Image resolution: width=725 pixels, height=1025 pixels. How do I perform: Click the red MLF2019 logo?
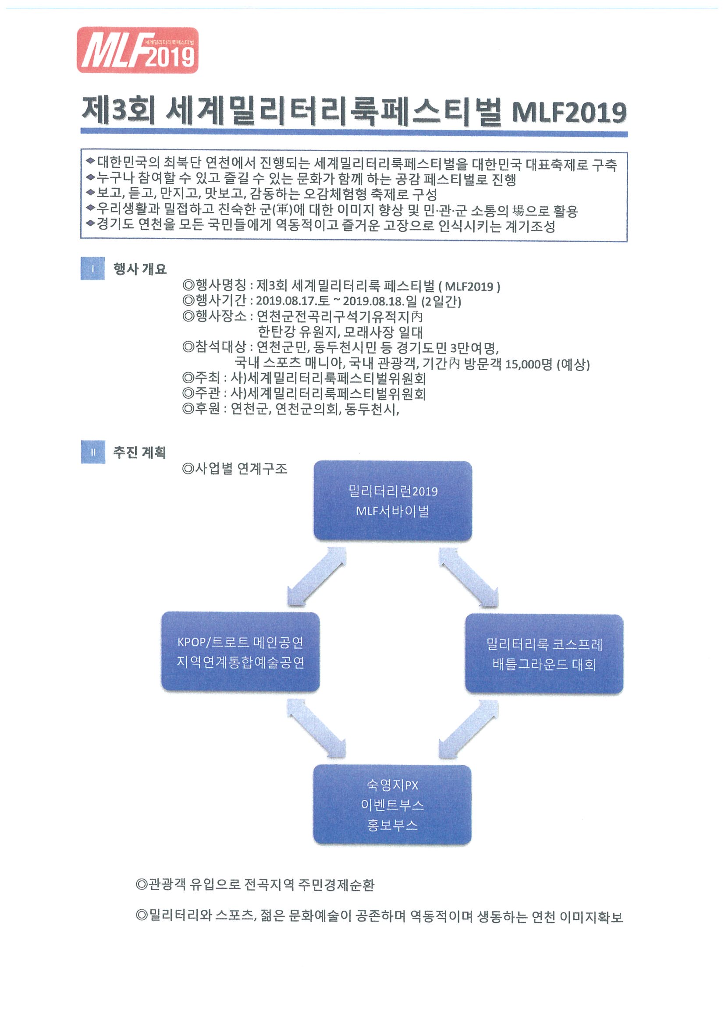pyautogui.click(x=138, y=50)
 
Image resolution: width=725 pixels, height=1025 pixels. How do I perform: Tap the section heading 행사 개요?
pyautogui.click(x=140, y=269)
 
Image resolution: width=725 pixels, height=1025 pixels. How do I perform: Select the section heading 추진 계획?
pyautogui.click(x=139, y=452)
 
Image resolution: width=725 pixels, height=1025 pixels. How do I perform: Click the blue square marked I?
pyautogui.click(x=92, y=269)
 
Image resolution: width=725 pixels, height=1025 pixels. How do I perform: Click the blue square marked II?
pyautogui.click(x=93, y=452)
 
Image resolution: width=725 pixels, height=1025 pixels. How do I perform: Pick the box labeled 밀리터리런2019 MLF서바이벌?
pyautogui.click(x=393, y=501)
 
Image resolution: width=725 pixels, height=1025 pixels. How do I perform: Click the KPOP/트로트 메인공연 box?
pyautogui.click(x=240, y=652)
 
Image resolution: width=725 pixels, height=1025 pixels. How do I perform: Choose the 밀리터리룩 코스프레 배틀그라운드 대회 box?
pyautogui.click(x=544, y=654)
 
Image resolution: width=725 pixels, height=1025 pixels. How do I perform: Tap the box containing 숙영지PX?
pyautogui.click(x=392, y=805)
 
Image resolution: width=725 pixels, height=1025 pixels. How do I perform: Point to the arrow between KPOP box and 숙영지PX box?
pyautogui.click(x=316, y=728)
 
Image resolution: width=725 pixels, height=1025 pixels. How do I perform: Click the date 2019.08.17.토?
pyautogui.click(x=293, y=301)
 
